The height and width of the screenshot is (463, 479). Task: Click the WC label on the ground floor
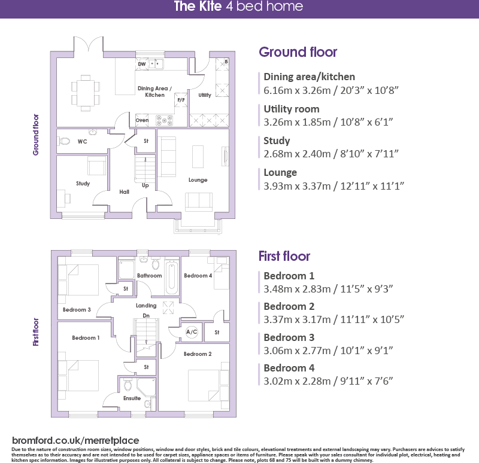click(x=83, y=141)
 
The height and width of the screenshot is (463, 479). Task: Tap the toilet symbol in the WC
click(x=64, y=141)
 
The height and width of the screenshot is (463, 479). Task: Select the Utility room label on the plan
click(x=205, y=95)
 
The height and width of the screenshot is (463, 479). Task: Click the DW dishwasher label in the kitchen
click(x=142, y=64)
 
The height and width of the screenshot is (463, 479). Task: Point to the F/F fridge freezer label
click(x=181, y=100)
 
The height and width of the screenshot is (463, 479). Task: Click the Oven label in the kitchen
click(x=142, y=120)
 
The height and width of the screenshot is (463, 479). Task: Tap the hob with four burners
click(x=163, y=120)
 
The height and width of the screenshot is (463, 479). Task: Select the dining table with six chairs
click(x=86, y=93)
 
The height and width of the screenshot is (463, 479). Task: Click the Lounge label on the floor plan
click(x=198, y=179)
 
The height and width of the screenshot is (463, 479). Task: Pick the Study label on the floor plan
click(x=83, y=183)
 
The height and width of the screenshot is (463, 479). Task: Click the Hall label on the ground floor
click(x=124, y=192)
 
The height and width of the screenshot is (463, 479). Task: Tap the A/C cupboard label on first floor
click(x=192, y=331)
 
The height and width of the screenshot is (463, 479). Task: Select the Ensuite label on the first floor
click(x=132, y=398)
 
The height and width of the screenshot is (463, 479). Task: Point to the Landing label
click(x=146, y=306)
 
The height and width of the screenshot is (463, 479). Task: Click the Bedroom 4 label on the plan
click(x=198, y=276)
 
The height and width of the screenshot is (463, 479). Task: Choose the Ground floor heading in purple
click(x=298, y=52)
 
